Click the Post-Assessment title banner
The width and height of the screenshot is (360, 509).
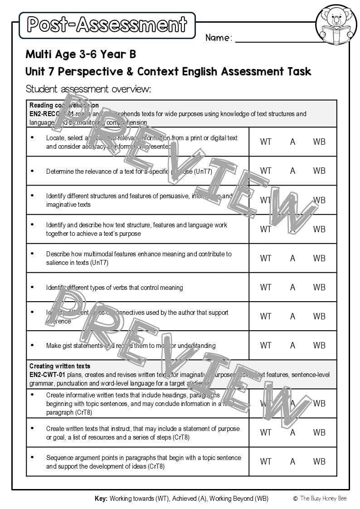pos(107,25)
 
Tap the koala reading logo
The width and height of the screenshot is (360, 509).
pos(336,24)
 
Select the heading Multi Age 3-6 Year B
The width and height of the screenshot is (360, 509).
pos(81,54)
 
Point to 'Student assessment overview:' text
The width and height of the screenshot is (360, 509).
pos(88,88)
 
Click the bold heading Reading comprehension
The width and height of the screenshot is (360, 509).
pos(64,105)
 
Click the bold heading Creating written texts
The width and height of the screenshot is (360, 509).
pos(60,366)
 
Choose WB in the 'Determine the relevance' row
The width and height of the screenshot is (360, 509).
pos(319,171)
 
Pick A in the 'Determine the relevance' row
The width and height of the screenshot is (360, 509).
pos(292,171)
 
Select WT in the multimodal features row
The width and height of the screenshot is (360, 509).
pos(266,258)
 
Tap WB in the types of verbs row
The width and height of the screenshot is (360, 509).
pos(319,287)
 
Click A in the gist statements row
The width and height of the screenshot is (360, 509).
pos(292,345)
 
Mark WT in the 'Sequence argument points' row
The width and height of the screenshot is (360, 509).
pos(266,461)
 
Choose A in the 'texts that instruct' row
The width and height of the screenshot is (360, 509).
pos(292,432)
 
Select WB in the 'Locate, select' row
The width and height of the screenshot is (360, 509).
pos(319,142)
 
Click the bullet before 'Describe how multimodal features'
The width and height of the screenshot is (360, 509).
pos(32,254)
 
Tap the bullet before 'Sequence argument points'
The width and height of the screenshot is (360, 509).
pos(32,458)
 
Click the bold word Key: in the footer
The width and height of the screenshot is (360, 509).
pos(101,499)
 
